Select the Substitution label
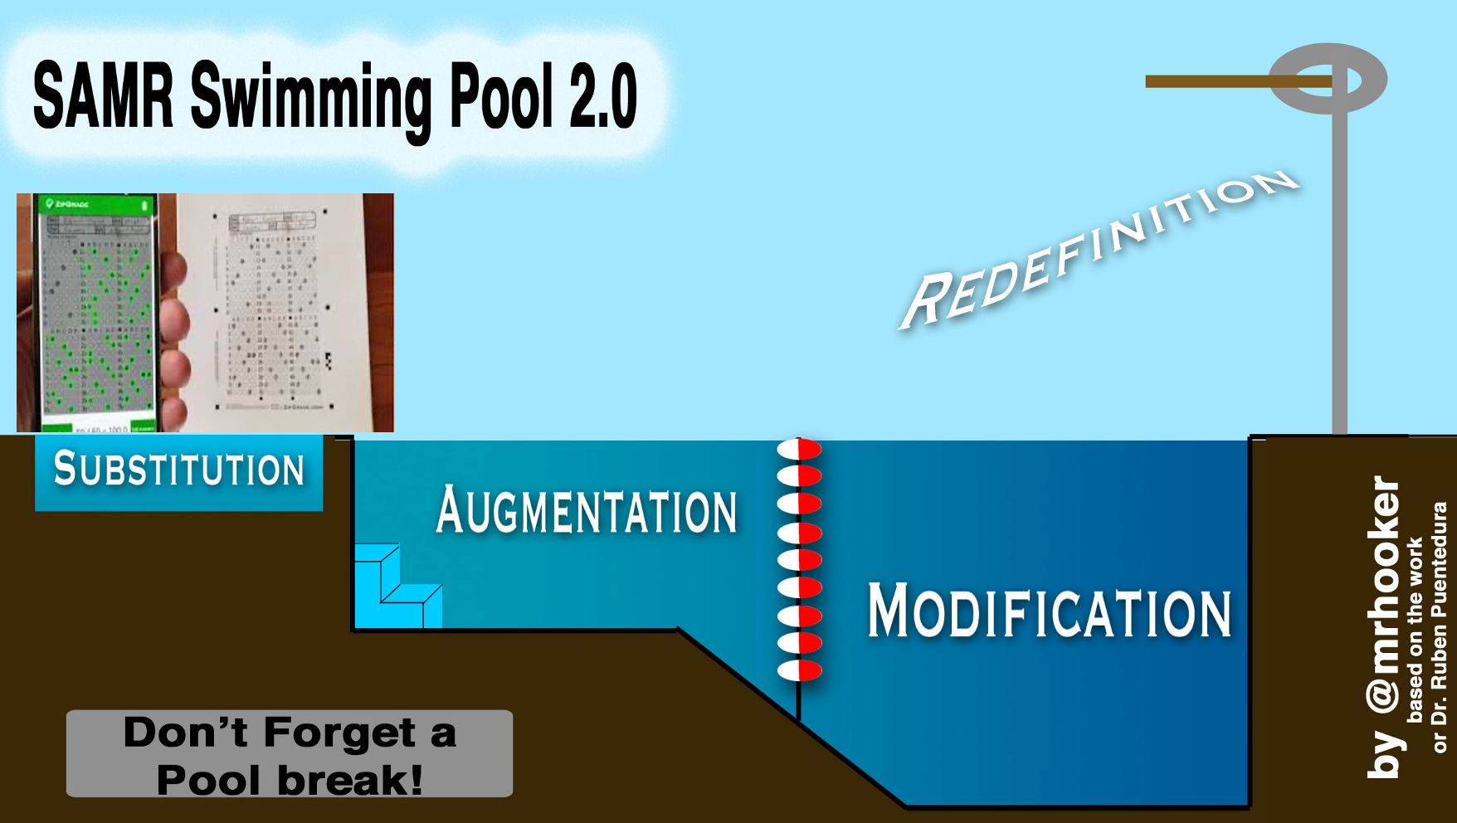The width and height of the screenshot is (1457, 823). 179,470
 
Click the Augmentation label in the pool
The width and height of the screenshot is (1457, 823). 587,510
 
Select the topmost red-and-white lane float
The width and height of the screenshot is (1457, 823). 799,449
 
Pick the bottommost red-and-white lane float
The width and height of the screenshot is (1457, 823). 799,670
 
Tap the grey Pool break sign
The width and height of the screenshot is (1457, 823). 290,753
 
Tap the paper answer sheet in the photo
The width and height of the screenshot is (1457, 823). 278,311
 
